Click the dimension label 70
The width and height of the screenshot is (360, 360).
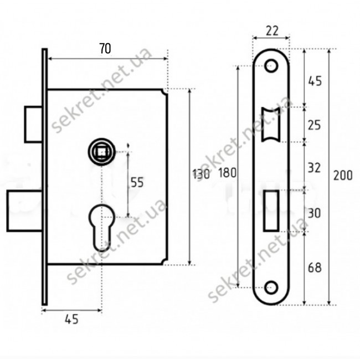pos(105,49)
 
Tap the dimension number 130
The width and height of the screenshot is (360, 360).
pos(201,174)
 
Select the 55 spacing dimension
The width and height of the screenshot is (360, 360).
pos(137,182)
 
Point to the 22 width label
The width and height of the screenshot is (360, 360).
pos(272,30)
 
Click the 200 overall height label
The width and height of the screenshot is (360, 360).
pos(343,176)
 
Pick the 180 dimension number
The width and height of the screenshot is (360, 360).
pos(227,173)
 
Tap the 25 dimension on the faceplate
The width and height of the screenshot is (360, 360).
pos(314,125)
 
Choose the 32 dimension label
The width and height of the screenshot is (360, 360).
pos(314,168)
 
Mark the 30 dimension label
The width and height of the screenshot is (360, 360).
pos(314,213)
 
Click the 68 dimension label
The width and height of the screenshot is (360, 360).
pos(315,268)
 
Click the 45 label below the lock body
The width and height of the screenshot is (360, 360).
pos(71,319)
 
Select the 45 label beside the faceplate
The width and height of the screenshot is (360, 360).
pos(315,81)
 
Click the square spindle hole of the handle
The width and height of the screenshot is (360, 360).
pos(102,152)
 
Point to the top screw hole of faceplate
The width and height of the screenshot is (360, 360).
pos(271,66)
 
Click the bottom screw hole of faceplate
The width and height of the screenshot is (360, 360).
pos(271,287)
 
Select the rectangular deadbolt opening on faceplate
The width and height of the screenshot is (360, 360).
pos(271,210)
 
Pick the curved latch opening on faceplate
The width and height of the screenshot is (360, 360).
pos(271,125)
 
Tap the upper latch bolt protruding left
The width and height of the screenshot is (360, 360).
pos(34,125)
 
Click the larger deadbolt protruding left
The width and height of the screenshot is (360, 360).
pos(25,210)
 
